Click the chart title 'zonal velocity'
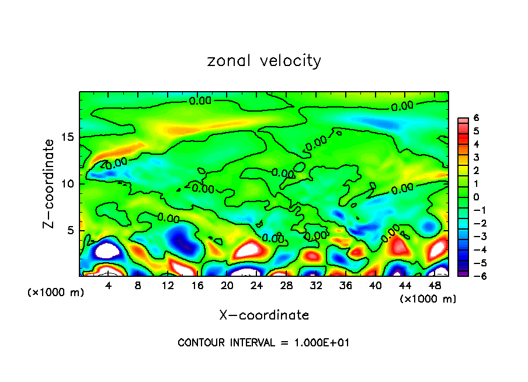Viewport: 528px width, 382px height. coord(264,61)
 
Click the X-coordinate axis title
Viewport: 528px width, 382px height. coord(264,315)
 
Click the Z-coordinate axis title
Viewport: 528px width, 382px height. coord(49,183)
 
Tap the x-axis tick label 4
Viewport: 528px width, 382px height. coord(109,286)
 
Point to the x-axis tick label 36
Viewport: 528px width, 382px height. coord(346,286)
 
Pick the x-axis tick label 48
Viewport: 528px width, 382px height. coord(435,286)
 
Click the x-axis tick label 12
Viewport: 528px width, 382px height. coord(168,286)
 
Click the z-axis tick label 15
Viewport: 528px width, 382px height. coord(68,137)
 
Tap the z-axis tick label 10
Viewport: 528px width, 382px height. coord(68,183)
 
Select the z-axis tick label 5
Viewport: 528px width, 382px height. coord(71,230)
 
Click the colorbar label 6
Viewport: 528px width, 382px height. coord(476,117)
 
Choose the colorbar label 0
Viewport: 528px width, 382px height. coord(476,197)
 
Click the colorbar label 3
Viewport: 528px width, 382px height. coord(476,157)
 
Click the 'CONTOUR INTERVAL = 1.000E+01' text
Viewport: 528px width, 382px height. coord(263,343)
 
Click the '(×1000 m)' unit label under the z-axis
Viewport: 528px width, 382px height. coord(56,293)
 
